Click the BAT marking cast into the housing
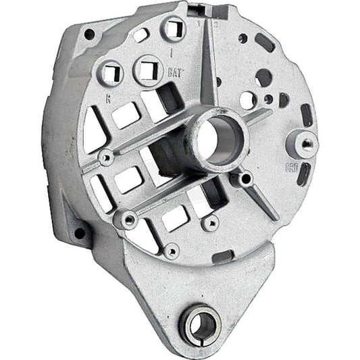pyautogui.click(x=171, y=70)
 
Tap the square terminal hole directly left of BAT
pyautogui.click(x=147, y=68)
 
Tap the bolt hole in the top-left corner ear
pyautogui.click(x=88, y=34)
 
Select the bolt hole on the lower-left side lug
pyautogui.click(x=81, y=234)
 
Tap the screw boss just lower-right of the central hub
pyautogui.click(x=244, y=178)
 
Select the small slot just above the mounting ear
pyautogui.click(x=223, y=257)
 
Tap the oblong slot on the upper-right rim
pyautogui.click(x=265, y=42)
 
